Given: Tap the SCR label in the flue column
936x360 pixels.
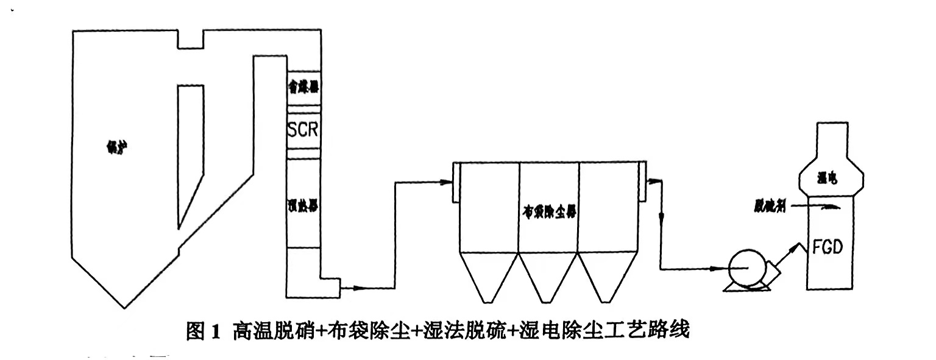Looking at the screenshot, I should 303,130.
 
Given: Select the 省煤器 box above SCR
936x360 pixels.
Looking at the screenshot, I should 303,88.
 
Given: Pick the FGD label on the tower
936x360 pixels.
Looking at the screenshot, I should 828,248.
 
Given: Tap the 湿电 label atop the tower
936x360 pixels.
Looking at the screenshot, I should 828,178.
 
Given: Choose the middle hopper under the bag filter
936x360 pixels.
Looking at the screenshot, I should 548,277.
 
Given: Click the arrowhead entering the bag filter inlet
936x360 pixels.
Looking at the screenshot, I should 447,180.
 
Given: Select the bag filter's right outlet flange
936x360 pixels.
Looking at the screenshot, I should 642,183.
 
